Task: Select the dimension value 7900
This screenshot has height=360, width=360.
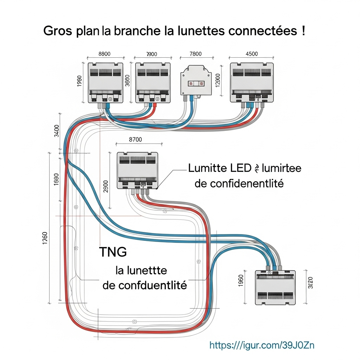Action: coord(151,54)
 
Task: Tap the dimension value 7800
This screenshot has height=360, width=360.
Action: coord(195,54)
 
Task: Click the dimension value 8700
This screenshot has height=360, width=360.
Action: coord(136,140)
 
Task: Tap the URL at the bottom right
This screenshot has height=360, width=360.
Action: coord(262,345)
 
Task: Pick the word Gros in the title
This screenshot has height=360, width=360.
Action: coord(58,31)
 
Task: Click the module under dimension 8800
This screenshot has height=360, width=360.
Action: coord(105,83)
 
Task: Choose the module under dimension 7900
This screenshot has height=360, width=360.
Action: coord(153,83)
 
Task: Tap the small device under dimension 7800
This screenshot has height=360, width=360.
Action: coord(195,80)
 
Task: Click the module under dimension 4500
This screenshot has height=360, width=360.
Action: coord(252,83)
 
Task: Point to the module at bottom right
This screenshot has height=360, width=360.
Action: coord(275,288)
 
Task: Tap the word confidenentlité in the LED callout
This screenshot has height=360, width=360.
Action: coord(239,183)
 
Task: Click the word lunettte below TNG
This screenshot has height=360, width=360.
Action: coord(146,271)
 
